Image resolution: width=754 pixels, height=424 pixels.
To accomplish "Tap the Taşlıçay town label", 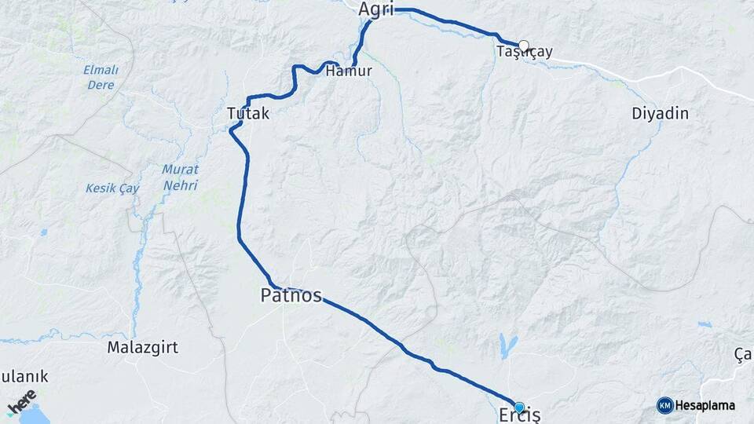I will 525,53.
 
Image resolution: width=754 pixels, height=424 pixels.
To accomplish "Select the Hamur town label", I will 348,71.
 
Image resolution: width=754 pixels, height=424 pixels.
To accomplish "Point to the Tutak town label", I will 247,114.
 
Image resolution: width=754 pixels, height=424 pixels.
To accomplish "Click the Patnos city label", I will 291,295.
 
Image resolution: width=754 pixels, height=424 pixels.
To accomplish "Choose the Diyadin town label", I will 660,114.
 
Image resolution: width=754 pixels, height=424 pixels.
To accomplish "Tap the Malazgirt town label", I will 142,346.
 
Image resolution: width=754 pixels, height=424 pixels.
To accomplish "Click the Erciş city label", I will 519,415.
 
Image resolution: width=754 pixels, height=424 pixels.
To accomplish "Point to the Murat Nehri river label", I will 180,177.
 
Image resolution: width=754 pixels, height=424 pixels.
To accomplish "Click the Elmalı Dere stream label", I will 100,77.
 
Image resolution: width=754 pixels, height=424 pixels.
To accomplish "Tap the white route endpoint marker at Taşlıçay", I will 524,46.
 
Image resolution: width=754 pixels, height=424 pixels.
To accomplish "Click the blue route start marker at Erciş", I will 519,407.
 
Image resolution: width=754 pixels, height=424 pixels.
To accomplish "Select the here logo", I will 22,402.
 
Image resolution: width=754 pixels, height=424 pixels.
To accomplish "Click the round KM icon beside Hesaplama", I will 664,405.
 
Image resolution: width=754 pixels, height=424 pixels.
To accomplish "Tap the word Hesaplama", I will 705,405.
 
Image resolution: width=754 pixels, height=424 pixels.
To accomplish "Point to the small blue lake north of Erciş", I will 503,343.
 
